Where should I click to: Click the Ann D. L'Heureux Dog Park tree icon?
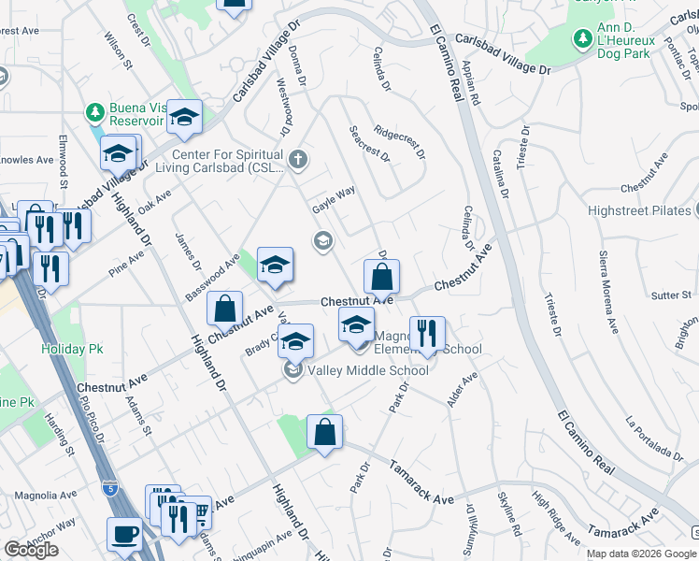582,38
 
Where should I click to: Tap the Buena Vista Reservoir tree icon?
94,112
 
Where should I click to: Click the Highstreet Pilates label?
638,210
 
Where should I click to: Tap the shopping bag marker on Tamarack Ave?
324,432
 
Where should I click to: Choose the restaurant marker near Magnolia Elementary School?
426,334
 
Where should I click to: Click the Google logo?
31,550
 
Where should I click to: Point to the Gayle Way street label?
334,199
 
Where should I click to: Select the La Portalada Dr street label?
656,436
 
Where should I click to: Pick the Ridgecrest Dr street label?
399,142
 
